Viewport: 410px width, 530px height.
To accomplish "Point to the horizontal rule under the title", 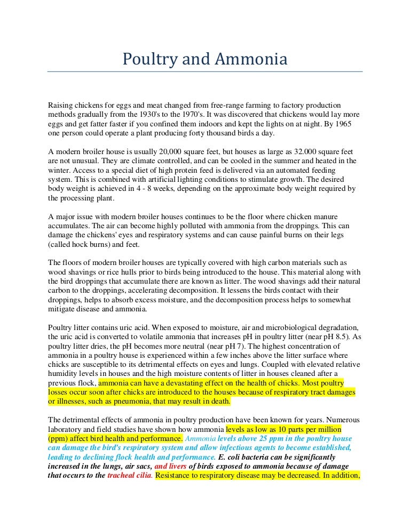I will click(x=205, y=71).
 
